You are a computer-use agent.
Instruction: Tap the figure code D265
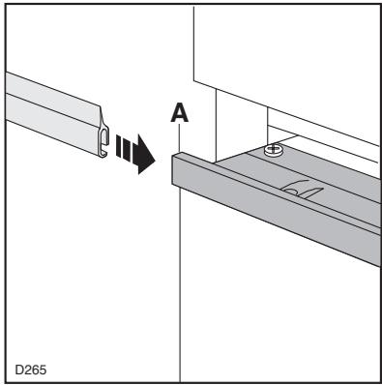33,368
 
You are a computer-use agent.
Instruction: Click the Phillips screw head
272,152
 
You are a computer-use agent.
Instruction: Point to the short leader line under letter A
181,138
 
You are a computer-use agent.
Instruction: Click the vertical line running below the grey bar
182,290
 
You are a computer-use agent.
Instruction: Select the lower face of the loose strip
48,120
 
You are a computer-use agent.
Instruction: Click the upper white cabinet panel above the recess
290,48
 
